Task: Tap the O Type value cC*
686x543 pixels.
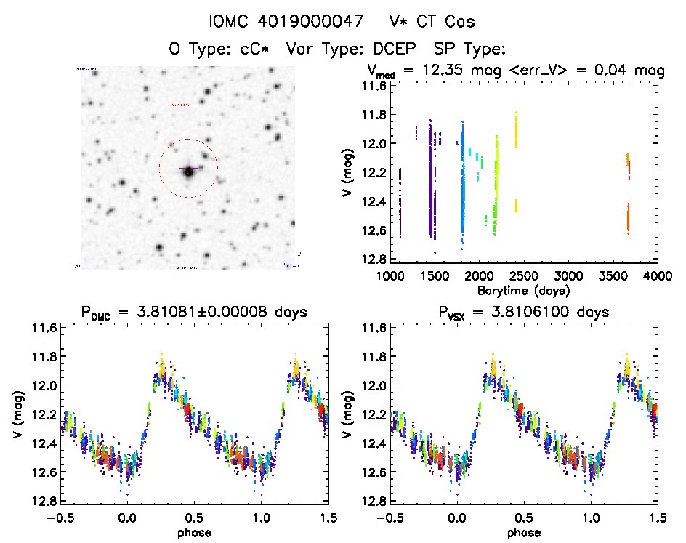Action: pos(248,49)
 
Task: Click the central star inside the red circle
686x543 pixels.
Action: pos(188,172)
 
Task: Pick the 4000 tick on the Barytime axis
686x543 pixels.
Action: pos(657,277)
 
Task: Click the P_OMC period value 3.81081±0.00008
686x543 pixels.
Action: pos(218,313)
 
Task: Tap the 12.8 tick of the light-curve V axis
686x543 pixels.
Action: pos(376,259)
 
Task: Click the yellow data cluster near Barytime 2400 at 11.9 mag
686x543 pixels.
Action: pos(517,131)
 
